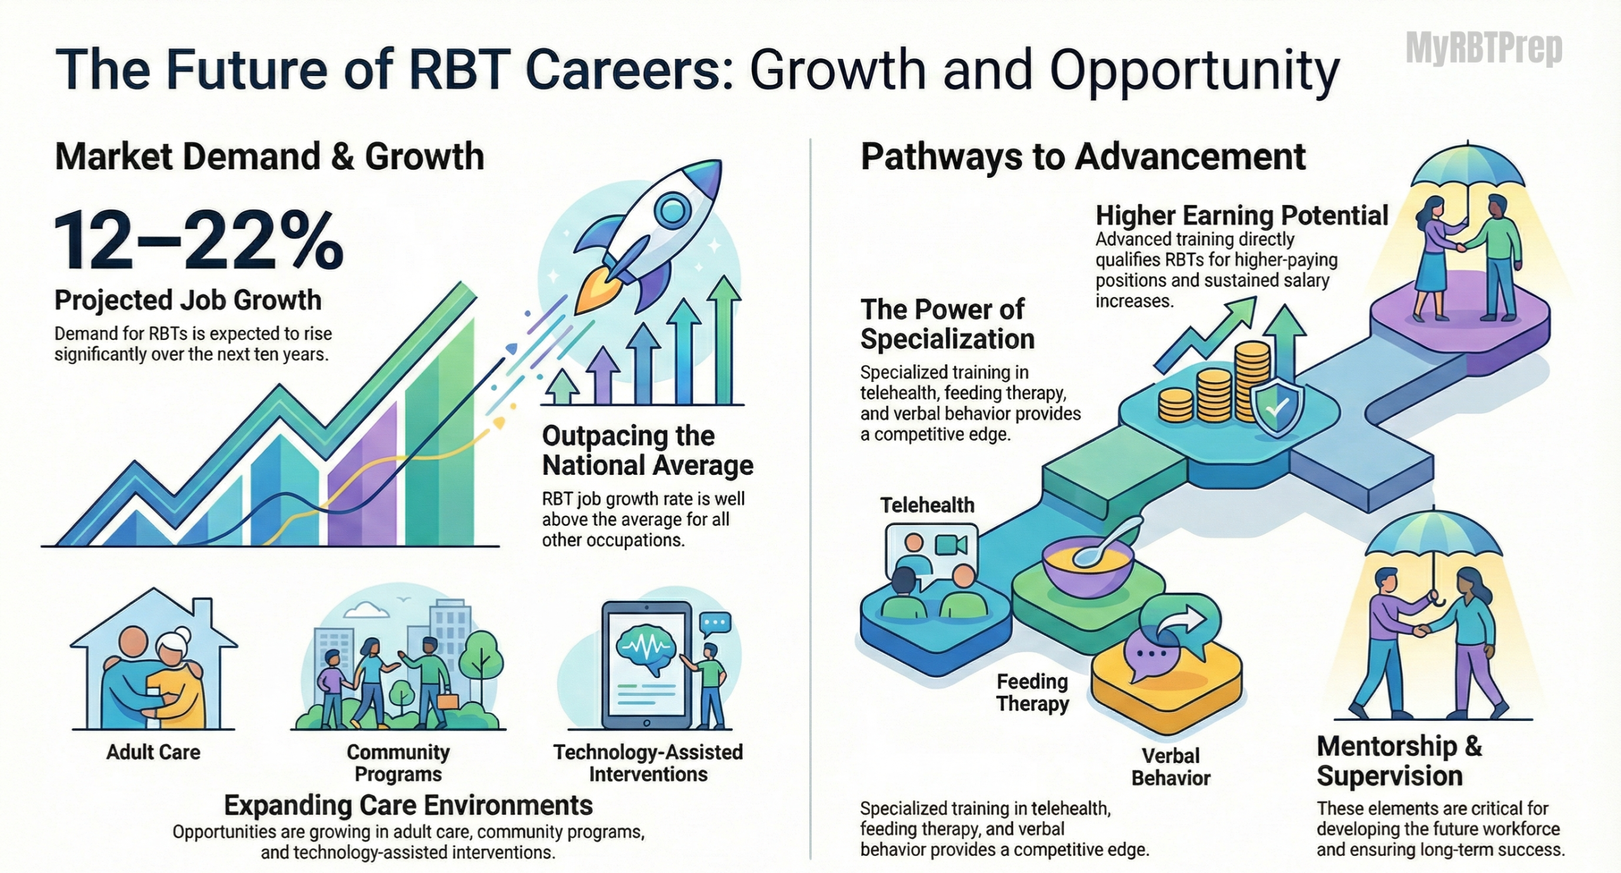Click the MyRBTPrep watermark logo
coord(1484,49)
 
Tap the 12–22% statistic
coord(199,241)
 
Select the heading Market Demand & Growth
coord(270,156)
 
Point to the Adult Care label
coord(153,752)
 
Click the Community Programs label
coord(398,763)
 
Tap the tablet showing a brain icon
coord(647,665)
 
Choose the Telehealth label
coord(927,505)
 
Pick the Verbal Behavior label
coord(1171,767)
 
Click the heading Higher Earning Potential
coord(1242,215)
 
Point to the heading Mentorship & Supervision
coord(1399,760)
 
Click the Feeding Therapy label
coord(1032,693)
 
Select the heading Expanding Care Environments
coord(408,805)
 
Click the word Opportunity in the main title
coord(1194,71)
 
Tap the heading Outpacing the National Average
coord(648,450)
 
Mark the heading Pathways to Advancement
coord(1083,156)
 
